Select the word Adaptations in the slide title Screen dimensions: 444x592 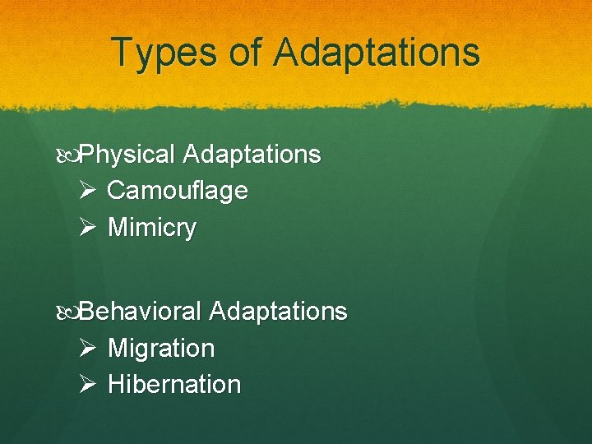(x=377, y=52)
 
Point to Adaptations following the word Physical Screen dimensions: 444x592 (x=252, y=155)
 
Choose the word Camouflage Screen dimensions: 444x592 (x=178, y=191)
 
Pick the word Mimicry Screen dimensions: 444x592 (x=152, y=227)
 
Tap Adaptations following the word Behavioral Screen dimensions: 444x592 (x=279, y=312)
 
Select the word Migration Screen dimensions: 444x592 (x=161, y=349)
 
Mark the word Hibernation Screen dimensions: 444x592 (x=174, y=385)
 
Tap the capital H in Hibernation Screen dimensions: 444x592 (x=116, y=385)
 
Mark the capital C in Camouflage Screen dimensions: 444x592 (x=116, y=191)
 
